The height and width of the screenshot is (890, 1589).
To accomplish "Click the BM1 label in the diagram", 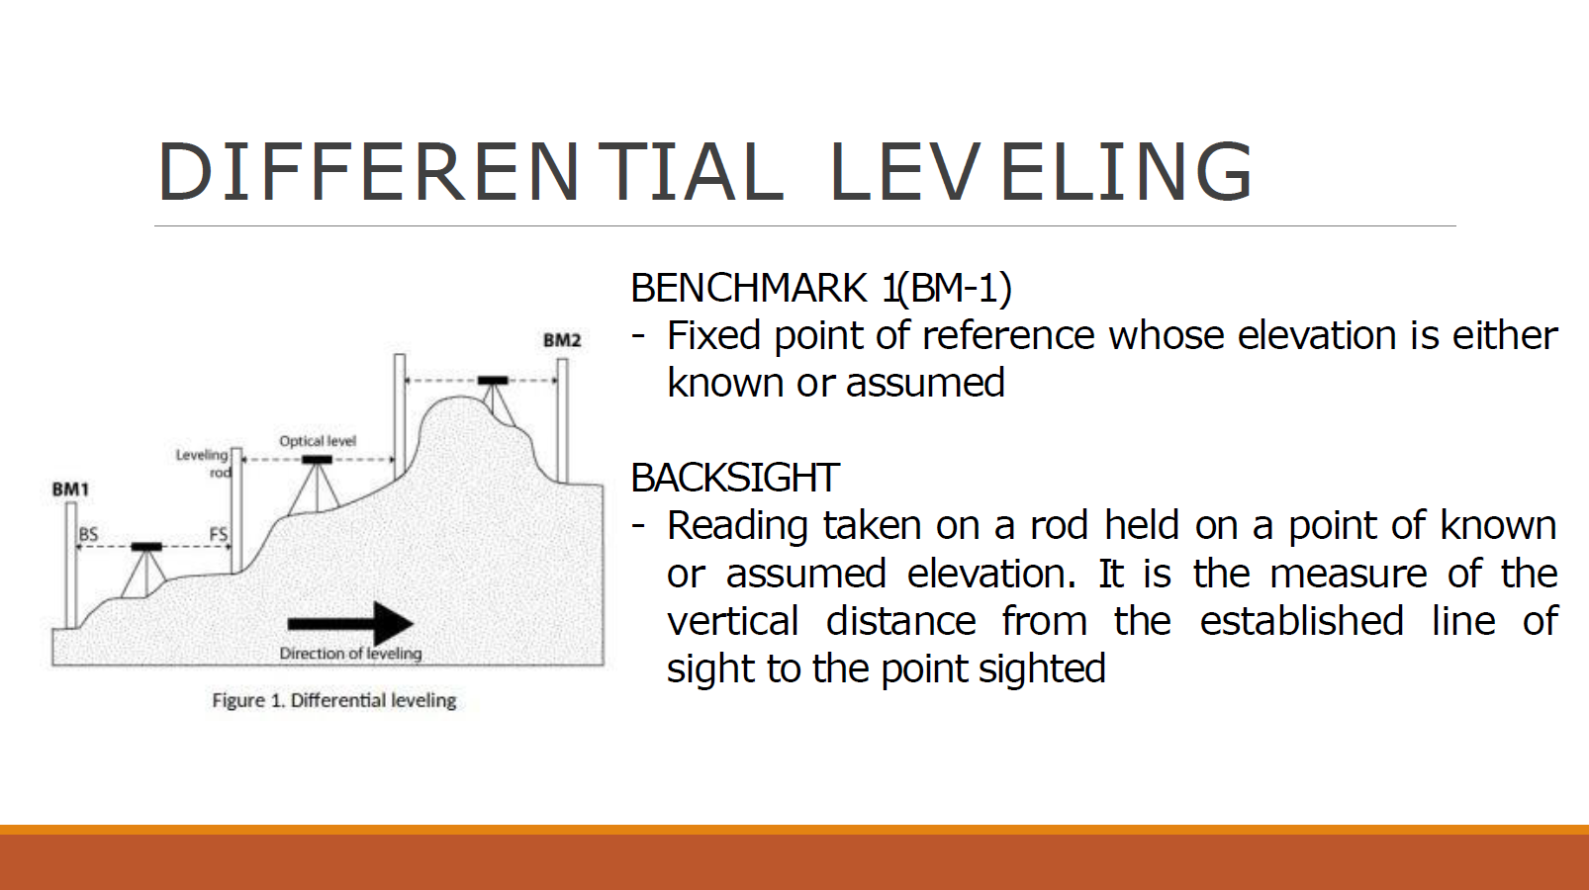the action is [x=70, y=489].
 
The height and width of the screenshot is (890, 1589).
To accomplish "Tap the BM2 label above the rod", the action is [x=562, y=340].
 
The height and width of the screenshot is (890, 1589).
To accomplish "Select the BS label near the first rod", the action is [x=88, y=534].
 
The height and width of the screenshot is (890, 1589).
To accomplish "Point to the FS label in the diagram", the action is [x=219, y=534].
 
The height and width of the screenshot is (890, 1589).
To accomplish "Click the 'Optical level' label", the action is [x=317, y=441].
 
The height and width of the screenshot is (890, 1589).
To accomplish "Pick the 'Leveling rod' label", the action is [x=204, y=463].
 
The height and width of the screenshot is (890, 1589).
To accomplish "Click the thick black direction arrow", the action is [x=350, y=623].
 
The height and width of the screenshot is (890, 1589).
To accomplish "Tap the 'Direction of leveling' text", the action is [x=350, y=653].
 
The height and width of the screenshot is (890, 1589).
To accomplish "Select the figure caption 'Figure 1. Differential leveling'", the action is [x=334, y=701].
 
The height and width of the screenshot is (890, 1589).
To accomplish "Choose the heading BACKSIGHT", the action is [x=735, y=478].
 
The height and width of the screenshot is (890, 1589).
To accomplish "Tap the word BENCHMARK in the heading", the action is [x=748, y=288].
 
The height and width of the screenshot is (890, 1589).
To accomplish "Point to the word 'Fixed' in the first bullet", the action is [x=713, y=335].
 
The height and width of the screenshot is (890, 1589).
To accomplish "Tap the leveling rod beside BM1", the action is [x=71, y=566].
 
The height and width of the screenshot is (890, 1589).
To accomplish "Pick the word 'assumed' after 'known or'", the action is [x=925, y=383].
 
